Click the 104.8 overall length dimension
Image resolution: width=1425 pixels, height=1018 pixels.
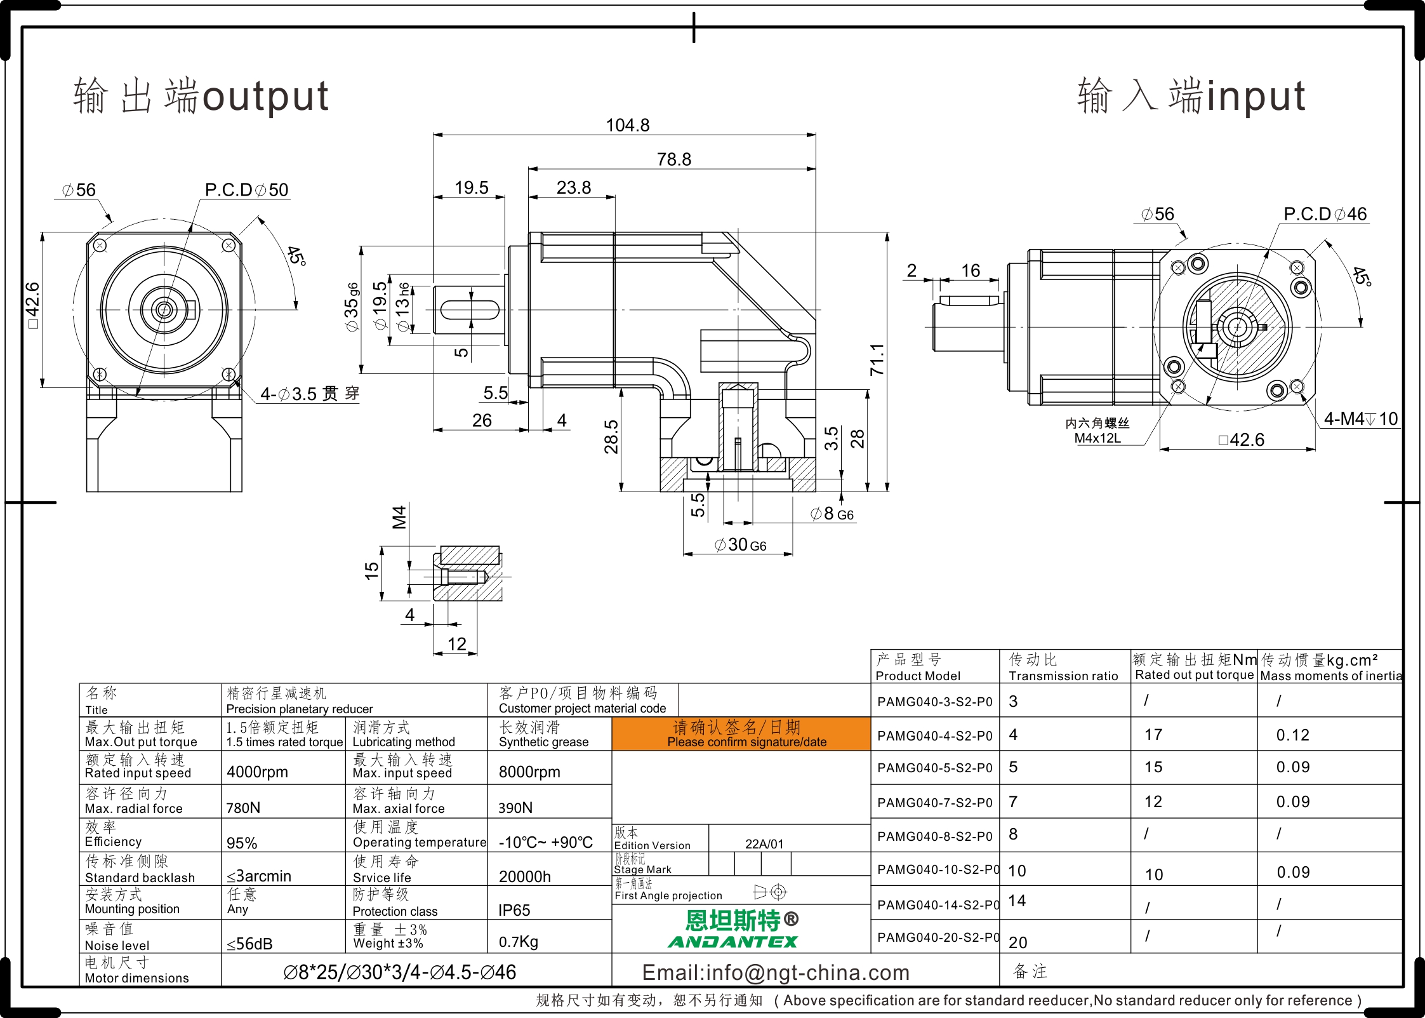click(628, 125)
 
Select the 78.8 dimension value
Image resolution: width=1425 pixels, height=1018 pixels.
click(674, 159)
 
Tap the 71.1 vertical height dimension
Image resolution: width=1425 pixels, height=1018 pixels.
click(877, 359)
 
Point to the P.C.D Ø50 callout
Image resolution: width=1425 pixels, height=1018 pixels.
click(246, 190)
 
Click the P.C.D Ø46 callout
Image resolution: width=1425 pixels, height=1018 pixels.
click(1325, 214)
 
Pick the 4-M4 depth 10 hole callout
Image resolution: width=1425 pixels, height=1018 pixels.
click(1361, 419)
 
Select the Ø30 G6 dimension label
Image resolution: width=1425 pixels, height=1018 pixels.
click(740, 545)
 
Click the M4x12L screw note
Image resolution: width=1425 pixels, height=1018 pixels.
click(1097, 438)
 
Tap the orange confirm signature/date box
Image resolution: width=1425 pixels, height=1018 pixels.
click(741, 734)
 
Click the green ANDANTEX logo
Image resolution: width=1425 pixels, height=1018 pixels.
click(733, 942)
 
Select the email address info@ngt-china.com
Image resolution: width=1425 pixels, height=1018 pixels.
click(776, 972)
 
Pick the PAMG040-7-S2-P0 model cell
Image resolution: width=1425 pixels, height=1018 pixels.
click(934, 803)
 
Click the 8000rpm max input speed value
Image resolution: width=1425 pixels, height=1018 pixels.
click(529, 772)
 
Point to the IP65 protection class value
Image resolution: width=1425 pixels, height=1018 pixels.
click(514, 910)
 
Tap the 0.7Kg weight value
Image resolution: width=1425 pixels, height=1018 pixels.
click(518, 942)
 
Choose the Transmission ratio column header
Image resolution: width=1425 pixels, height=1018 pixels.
click(1063, 667)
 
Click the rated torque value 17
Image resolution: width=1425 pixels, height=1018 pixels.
click(1153, 735)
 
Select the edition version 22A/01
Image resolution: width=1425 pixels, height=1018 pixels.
click(764, 844)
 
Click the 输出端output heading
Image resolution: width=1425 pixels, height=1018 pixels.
click(201, 96)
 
